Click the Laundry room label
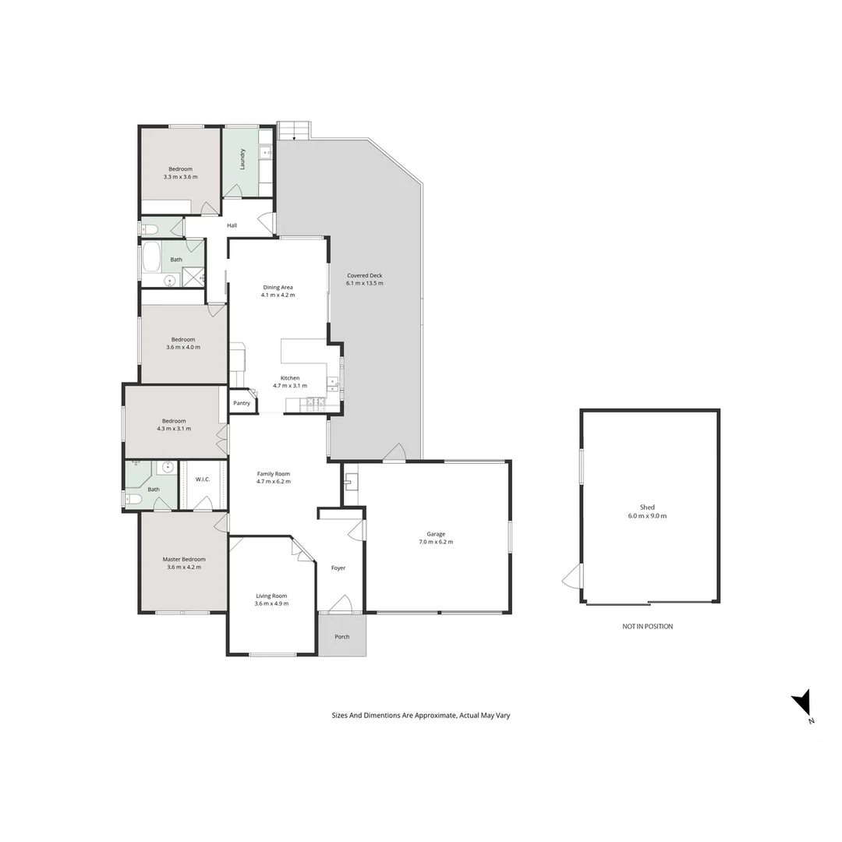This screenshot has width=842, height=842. coord(243,159)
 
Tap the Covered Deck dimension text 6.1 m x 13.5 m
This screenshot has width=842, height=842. coord(364,283)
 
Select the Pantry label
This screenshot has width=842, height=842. coord(242,403)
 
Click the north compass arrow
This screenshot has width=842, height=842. coord(802,705)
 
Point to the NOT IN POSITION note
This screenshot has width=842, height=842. coord(647,626)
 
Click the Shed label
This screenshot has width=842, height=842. coord(647,508)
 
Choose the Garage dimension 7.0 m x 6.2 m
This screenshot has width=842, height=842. coord(436,542)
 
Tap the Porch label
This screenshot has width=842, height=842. coord(341,637)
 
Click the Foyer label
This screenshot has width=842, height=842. coord(338,568)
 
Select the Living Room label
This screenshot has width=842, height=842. coord(271,596)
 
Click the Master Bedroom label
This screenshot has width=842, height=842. coord(184,559)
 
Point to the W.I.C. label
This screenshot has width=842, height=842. coord(203,479)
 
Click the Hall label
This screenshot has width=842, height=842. coord(232,226)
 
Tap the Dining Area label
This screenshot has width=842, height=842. coord(278,288)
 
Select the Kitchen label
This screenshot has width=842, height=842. coord(290,378)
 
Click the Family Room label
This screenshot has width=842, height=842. coord(273,474)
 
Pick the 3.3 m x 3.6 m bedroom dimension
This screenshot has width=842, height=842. coord(180,177)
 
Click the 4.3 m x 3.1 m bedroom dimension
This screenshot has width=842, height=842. coord(174,429)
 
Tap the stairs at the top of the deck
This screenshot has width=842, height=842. coord(294,130)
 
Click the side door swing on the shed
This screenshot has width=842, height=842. coord(572,577)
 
